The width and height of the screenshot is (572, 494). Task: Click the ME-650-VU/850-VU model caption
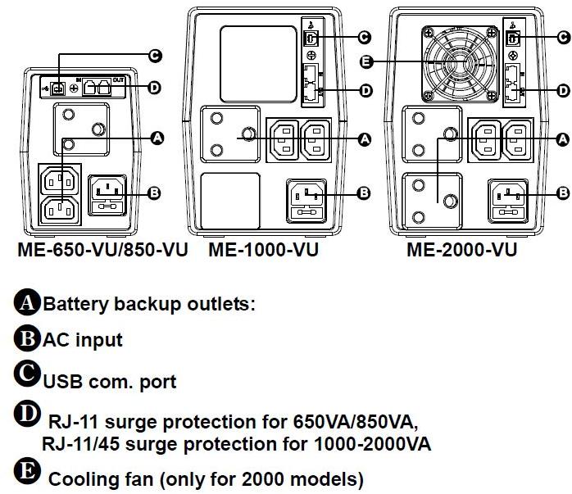click(102, 250)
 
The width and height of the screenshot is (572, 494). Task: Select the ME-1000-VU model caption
click(262, 250)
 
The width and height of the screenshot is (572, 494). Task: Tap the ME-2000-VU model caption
click(461, 250)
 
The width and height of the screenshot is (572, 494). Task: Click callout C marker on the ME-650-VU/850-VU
click(152, 56)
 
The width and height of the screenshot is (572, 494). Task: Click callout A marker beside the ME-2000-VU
click(562, 140)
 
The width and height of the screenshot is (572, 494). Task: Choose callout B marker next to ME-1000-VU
click(365, 193)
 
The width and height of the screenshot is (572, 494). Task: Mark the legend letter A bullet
click(27, 303)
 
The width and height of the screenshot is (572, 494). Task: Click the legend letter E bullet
click(27, 474)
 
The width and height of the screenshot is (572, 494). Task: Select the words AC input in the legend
click(82, 339)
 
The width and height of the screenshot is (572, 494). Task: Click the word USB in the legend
click(61, 381)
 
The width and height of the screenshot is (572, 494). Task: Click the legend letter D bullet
click(27, 415)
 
